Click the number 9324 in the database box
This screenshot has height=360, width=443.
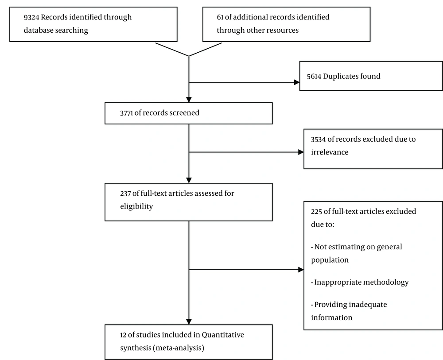31,17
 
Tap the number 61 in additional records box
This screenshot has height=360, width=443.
220,17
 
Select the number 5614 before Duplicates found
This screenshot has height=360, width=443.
314,76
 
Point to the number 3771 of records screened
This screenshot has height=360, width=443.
126,113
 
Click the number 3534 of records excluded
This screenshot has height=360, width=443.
318,139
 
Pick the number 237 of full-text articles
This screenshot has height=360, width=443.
125,194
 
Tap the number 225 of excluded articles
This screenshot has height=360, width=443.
316,212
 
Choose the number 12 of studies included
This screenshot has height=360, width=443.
123,335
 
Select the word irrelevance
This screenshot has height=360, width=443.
330,152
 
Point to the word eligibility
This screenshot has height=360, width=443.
136,206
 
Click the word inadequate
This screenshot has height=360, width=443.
368,305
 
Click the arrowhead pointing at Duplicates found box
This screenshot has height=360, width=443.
297,82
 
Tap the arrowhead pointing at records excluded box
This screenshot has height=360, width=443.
301,152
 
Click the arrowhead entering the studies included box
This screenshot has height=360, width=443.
189,322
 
